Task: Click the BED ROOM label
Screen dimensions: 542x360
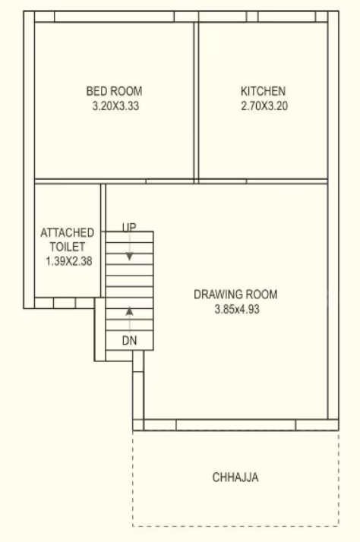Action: pyautogui.click(x=114, y=92)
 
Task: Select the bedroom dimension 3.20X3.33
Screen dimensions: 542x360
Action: pyautogui.click(x=114, y=106)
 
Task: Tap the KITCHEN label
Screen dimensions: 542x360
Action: pyautogui.click(x=263, y=92)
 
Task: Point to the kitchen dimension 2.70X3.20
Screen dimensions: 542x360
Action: pyautogui.click(x=263, y=106)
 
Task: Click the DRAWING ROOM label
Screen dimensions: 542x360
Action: pyautogui.click(x=235, y=295)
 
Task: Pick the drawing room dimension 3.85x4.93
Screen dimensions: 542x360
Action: pyautogui.click(x=235, y=309)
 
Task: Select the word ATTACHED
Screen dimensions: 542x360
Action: pyautogui.click(x=68, y=232)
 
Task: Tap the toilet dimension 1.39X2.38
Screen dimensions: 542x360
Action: pyautogui.click(x=68, y=261)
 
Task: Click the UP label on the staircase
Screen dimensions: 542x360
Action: pyautogui.click(x=129, y=228)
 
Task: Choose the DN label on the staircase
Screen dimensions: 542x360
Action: pyautogui.click(x=129, y=342)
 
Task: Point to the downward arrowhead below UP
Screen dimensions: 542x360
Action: pyautogui.click(x=129, y=257)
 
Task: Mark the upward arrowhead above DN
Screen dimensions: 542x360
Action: pyautogui.click(x=129, y=310)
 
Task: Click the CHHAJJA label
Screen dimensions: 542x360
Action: pyautogui.click(x=235, y=477)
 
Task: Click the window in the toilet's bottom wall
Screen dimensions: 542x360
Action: pyautogui.click(x=65, y=303)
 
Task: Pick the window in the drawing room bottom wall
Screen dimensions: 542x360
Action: pyautogui.click(x=235, y=425)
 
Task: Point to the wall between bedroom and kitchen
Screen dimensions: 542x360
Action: pyautogui.click(x=195, y=99)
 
